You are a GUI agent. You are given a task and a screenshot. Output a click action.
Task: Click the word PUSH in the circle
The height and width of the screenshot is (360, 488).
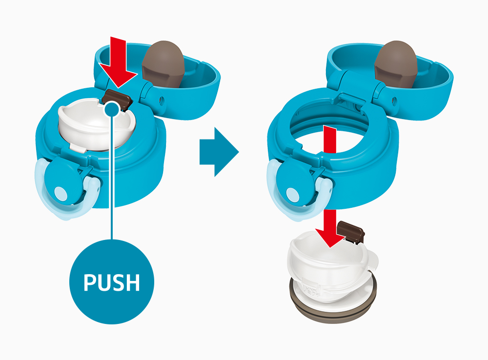coord(111,282)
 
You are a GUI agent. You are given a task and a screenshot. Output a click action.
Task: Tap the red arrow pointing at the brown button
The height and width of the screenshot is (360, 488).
coord(118,62)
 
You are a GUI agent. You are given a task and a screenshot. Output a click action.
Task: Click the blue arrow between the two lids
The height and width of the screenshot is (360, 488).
coord(219,152)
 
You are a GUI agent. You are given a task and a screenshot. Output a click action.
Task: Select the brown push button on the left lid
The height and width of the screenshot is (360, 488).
coord(117,99)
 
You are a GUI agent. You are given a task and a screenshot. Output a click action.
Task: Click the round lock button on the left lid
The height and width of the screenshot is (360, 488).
coord(61,193)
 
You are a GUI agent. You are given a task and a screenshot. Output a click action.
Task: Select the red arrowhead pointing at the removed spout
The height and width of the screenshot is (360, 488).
coord(330,237)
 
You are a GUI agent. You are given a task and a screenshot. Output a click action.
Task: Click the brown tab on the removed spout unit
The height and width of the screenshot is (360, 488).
coord(351,231)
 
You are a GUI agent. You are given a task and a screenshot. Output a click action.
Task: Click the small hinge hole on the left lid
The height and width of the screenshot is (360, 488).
coord(162,100)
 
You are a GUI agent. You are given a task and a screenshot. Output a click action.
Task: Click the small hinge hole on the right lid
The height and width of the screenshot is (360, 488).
coord(394,100)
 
